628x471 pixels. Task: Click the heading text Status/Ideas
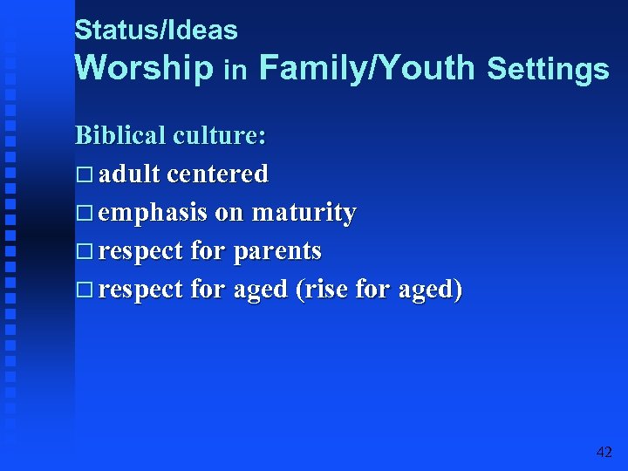click(156, 31)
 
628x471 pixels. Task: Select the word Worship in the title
click(144, 68)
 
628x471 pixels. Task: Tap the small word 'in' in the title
click(235, 70)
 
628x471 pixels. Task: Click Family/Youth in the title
click(367, 68)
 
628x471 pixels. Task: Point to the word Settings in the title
click(548, 69)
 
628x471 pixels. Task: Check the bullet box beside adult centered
click(84, 175)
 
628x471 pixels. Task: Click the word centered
click(217, 174)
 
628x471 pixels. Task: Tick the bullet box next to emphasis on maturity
click(84, 214)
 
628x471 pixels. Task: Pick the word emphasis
click(153, 213)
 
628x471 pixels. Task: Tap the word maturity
click(304, 214)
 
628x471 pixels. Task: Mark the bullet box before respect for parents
click(84, 252)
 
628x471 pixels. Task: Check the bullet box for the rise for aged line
click(84, 290)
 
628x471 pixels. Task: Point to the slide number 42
click(604, 452)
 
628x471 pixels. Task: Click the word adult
click(129, 174)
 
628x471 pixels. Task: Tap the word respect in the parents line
click(140, 252)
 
